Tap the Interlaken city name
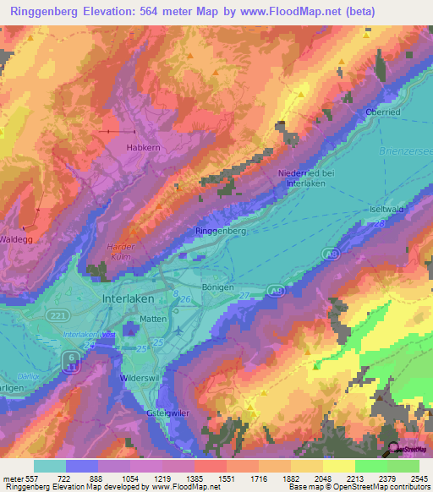click(x=128, y=299)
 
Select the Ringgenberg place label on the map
click(x=220, y=231)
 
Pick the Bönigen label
click(x=217, y=287)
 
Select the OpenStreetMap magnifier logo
click(x=392, y=448)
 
